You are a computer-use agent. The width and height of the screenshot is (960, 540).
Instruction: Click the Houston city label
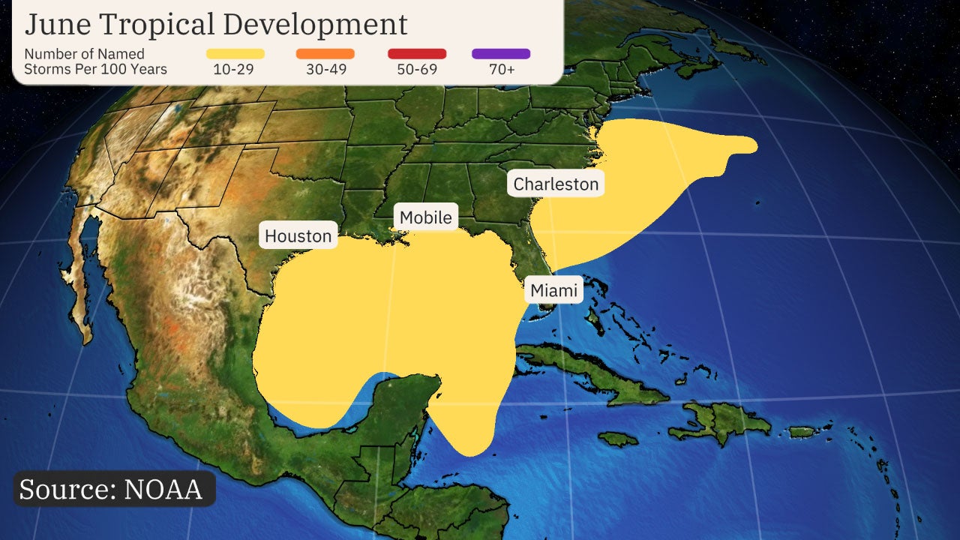pyautogui.click(x=298, y=235)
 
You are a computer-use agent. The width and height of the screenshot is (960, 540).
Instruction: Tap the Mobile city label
pyautogui.click(x=425, y=217)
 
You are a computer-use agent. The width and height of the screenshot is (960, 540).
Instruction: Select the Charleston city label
pyautogui.click(x=556, y=184)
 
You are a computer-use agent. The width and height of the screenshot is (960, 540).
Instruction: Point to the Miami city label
pyautogui.click(x=554, y=289)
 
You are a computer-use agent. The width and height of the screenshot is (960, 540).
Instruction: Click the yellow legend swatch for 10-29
pyautogui.click(x=235, y=54)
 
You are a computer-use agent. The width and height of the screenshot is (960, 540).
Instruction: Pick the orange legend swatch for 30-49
pyautogui.click(x=325, y=54)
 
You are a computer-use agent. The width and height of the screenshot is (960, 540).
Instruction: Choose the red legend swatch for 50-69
pyautogui.click(x=417, y=54)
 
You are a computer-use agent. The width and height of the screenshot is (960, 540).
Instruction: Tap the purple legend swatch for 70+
pyautogui.click(x=501, y=54)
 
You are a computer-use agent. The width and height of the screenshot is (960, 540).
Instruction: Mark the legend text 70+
pyautogui.click(x=501, y=70)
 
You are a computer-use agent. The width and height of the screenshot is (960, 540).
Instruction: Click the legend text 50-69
pyautogui.click(x=417, y=70)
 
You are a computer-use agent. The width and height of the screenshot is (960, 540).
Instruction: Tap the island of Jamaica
pyautogui.click(x=617, y=439)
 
